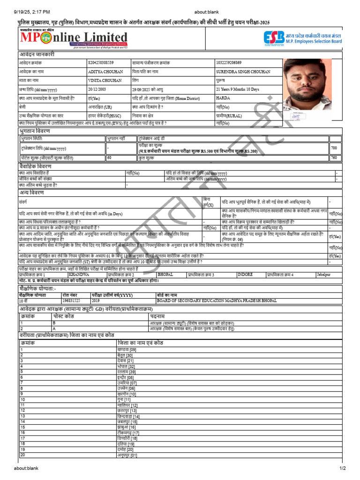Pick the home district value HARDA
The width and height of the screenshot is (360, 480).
click(223, 98)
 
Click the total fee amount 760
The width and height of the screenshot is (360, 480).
click(334, 158)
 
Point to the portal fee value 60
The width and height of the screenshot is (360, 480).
click(109, 158)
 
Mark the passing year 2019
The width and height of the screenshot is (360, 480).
click(96, 300)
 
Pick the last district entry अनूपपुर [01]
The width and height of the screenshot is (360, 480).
click(127, 455)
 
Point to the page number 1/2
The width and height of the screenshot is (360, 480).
click(343, 468)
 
